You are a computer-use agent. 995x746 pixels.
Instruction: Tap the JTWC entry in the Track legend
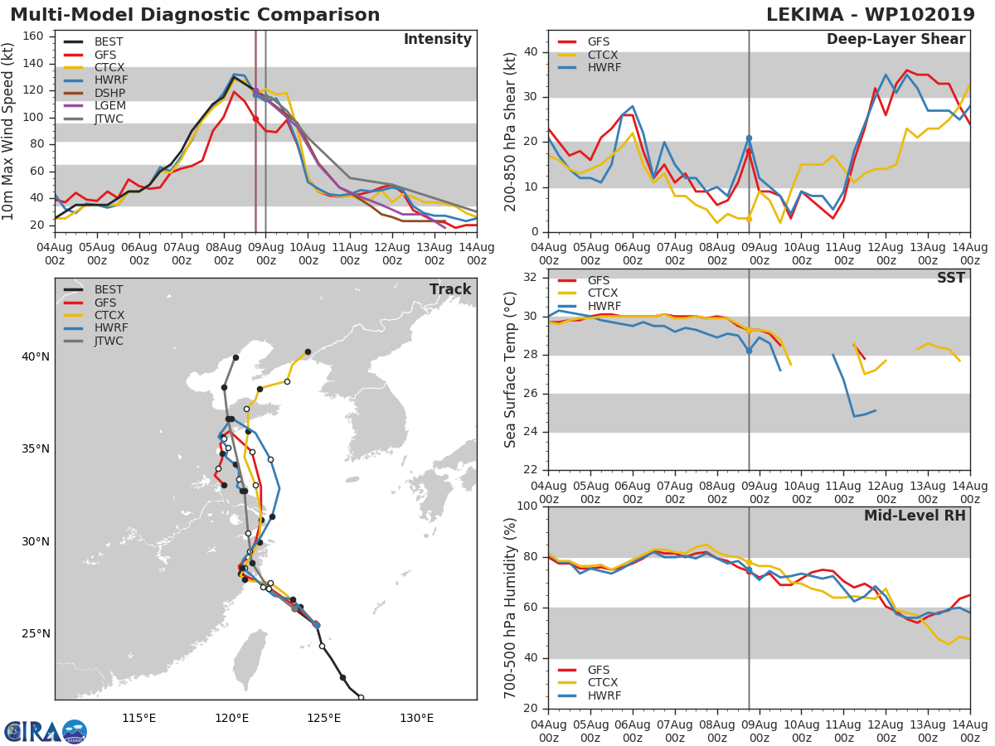pyautogui.click(x=109, y=341)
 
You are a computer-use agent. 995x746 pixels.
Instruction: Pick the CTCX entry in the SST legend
pyautogui.click(x=601, y=293)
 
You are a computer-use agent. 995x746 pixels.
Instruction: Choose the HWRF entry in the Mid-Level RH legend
pyautogui.click(x=601, y=695)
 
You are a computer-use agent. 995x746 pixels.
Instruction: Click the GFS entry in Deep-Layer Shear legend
pyautogui.click(x=597, y=41)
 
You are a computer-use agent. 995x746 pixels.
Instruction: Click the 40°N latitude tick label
pyautogui.click(x=35, y=357)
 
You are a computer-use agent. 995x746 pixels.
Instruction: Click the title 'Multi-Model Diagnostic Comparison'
pyautogui.click(x=195, y=15)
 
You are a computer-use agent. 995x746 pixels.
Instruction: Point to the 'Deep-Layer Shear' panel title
pyautogui.click(x=895, y=40)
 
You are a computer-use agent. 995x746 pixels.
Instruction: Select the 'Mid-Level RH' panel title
pyautogui.click(x=915, y=516)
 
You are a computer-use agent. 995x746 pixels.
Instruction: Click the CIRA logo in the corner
pyautogui.click(x=46, y=731)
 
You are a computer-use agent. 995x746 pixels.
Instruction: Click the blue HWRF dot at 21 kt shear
pyautogui.click(x=749, y=138)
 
